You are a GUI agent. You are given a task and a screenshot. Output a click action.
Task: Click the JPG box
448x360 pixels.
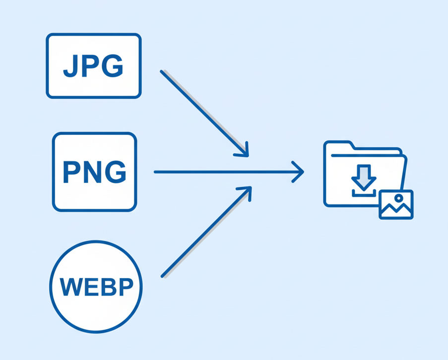(94, 65)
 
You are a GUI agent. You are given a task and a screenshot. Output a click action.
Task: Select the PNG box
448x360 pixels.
(94, 172)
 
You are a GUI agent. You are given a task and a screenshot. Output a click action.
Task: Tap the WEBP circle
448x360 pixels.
(96, 286)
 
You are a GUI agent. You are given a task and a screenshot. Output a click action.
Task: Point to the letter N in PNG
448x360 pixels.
(94, 172)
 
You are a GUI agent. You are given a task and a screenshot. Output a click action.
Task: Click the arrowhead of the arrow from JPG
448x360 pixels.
(243, 152)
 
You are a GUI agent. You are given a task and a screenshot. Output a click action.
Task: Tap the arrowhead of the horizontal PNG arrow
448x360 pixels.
(299, 172)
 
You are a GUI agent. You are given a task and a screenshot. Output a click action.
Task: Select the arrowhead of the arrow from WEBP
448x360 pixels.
(247, 191)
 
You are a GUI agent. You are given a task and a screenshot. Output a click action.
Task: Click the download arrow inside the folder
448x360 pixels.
(364, 177)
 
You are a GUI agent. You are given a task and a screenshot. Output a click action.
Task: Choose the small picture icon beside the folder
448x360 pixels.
(396, 204)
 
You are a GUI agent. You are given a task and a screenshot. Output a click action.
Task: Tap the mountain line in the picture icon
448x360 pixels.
(395, 209)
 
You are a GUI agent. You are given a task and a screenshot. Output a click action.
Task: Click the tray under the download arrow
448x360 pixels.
(364, 192)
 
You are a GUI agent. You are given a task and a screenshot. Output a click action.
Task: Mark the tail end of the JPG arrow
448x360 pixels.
(162, 72)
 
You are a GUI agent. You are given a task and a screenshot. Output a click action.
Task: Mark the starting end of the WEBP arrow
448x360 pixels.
(163, 276)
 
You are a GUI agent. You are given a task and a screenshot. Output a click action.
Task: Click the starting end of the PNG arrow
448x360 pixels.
(156, 172)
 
